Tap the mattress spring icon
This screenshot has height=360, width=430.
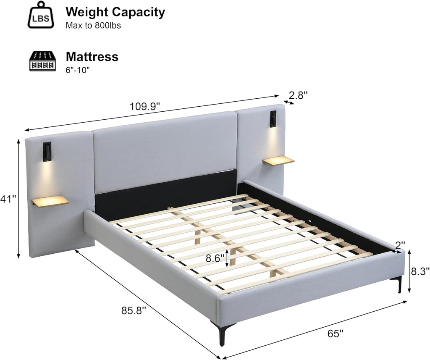point(42,61)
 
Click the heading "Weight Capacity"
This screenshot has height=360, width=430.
point(115,12)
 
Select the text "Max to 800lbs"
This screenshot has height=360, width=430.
point(93,26)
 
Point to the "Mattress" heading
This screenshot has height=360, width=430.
point(92,57)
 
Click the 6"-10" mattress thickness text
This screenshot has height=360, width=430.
point(78,70)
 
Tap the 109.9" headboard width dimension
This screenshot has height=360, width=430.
point(144,106)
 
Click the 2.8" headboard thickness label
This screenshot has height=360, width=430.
point(299,95)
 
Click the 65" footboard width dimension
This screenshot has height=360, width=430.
point(336,334)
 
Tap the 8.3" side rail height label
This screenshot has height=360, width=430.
point(420,271)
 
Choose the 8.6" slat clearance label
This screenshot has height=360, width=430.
point(215,258)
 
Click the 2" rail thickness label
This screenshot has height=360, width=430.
point(400,245)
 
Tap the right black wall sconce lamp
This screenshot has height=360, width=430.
point(273,119)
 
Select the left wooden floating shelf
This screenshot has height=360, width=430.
point(50,201)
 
